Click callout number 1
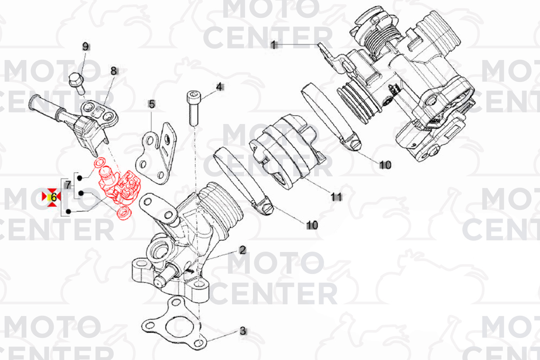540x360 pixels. [273, 45]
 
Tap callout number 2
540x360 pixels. [242, 250]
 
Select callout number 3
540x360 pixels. [243, 331]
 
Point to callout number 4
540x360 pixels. [219, 87]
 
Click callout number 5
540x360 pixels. [152, 104]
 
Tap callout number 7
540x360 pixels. [68, 185]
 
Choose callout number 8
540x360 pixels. [114, 71]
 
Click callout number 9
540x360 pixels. [85, 46]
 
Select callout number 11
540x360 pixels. [336, 197]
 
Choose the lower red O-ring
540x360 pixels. [124, 213]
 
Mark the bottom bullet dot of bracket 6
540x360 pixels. [68, 211]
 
